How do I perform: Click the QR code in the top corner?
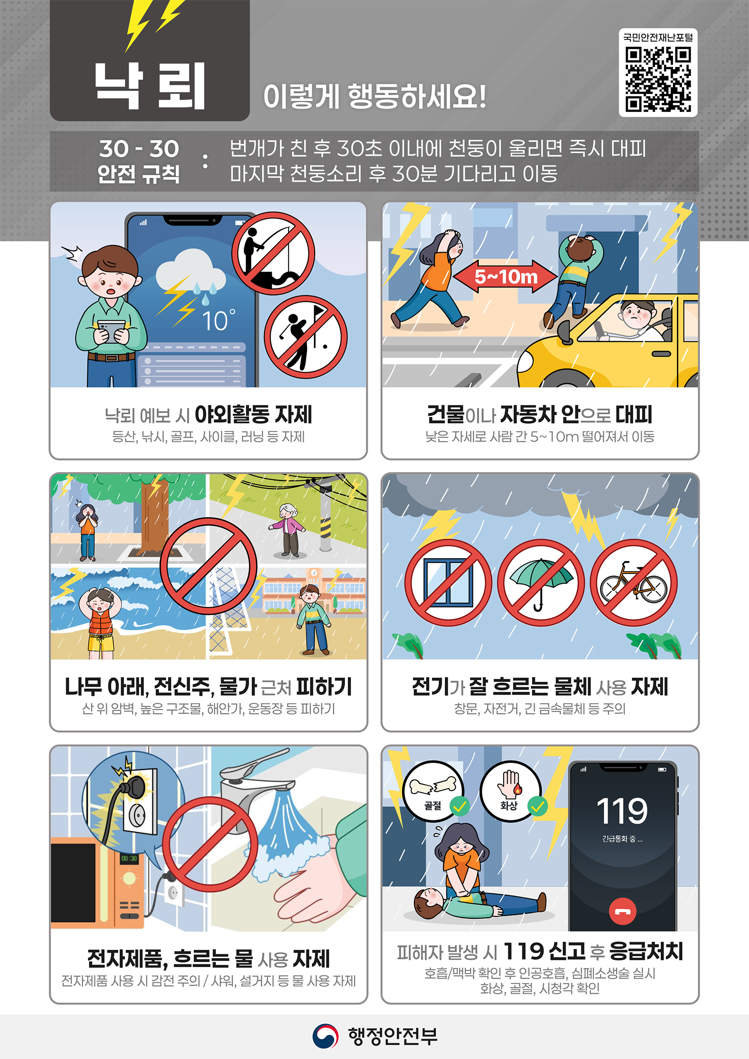pyautogui.click(x=658, y=79)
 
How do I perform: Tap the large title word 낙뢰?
pyautogui.click(x=150, y=86)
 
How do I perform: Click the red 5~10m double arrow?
pyautogui.click(x=506, y=277)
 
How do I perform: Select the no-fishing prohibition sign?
pyautogui.click(x=273, y=253)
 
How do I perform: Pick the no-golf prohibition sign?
pyautogui.click(x=305, y=337)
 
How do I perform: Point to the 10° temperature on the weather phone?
pyautogui.click(x=218, y=321)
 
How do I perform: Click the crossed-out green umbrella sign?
pyautogui.click(x=541, y=583)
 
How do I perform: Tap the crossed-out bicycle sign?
pyautogui.click(x=634, y=583)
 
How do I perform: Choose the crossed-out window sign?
pyautogui.click(x=448, y=583)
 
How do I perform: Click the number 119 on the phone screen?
pyautogui.click(x=622, y=811)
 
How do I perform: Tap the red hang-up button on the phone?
pyautogui.click(x=622, y=911)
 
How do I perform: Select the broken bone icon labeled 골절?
pyautogui.click(x=432, y=790)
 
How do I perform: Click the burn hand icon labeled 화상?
pyautogui.click(x=510, y=790)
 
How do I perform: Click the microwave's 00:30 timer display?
pyautogui.click(x=129, y=858)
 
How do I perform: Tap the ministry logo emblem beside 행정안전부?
pyautogui.click(x=325, y=1036)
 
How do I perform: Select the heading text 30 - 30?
pyautogui.click(x=139, y=149)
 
